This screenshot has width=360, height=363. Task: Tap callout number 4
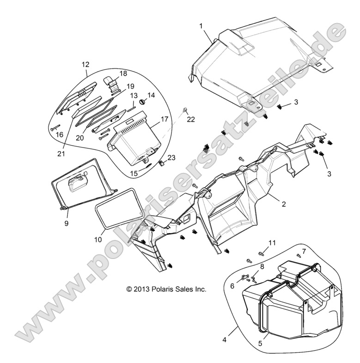[x=225, y=340]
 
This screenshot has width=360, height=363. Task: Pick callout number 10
[x=98, y=240]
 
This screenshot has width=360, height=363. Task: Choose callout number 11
[x=272, y=243]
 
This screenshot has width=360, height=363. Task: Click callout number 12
[x=86, y=65]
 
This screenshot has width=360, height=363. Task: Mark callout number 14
[x=151, y=94]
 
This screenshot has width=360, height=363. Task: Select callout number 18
[x=123, y=73]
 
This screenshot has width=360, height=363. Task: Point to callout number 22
[x=178, y=119]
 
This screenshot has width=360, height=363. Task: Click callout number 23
[x=172, y=158]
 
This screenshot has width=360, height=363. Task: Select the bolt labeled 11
[x=262, y=253]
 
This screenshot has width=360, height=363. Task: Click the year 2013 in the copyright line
[x=141, y=290]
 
